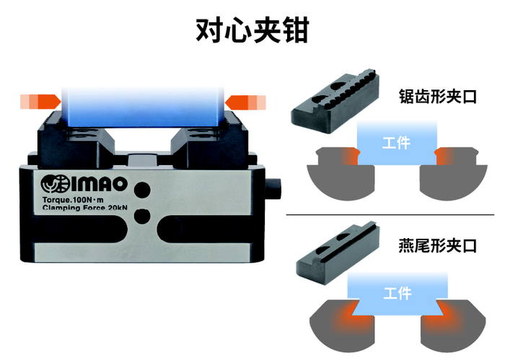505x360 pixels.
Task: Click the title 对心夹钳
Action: click(x=252, y=30)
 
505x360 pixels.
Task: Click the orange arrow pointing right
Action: click(x=40, y=102)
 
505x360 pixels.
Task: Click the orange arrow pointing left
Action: click(x=245, y=102)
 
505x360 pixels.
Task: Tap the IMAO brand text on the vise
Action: click(x=99, y=184)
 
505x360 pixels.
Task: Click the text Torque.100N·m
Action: click(x=73, y=200)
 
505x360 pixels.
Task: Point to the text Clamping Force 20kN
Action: click(x=84, y=208)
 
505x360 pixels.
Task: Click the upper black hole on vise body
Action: click(x=142, y=190)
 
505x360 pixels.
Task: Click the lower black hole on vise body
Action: click(x=142, y=216)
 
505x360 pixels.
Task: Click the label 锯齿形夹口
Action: click(x=437, y=96)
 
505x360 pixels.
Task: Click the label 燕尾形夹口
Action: click(x=437, y=246)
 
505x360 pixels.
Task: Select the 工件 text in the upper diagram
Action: click(x=396, y=143)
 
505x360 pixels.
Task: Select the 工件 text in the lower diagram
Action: click(x=398, y=293)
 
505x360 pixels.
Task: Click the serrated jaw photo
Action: click(x=335, y=101)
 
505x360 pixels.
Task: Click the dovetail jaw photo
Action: click(x=337, y=253)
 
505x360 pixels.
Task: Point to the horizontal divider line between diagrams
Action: click(x=390, y=214)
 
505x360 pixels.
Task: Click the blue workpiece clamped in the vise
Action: click(x=143, y=107)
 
